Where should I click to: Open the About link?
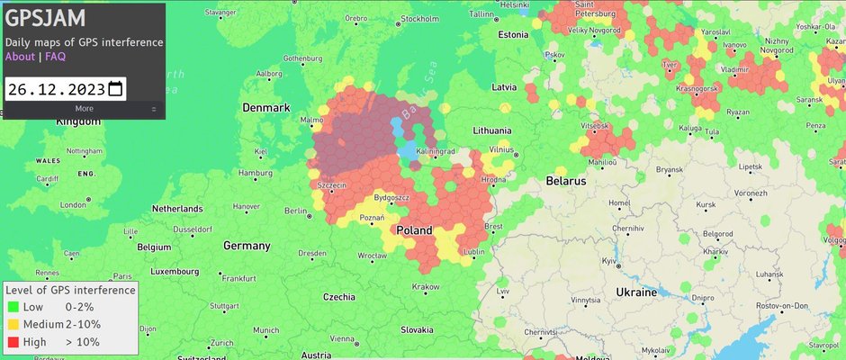(20, 57)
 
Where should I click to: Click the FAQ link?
(56, 57)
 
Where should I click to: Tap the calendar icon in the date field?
(114, 89)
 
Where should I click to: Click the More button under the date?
(84, 109)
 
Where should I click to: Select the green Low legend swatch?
(12, 308)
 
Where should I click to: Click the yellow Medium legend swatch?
(12, 324)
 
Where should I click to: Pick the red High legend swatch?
(12, 342)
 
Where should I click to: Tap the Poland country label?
(415, 229)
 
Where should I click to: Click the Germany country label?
(247, 246)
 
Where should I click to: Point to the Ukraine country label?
(637, 293)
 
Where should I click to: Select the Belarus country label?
(565, 181)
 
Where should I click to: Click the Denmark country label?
(266, 108)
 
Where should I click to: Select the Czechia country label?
(338, 296)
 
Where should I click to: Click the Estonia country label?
(513, 35)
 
